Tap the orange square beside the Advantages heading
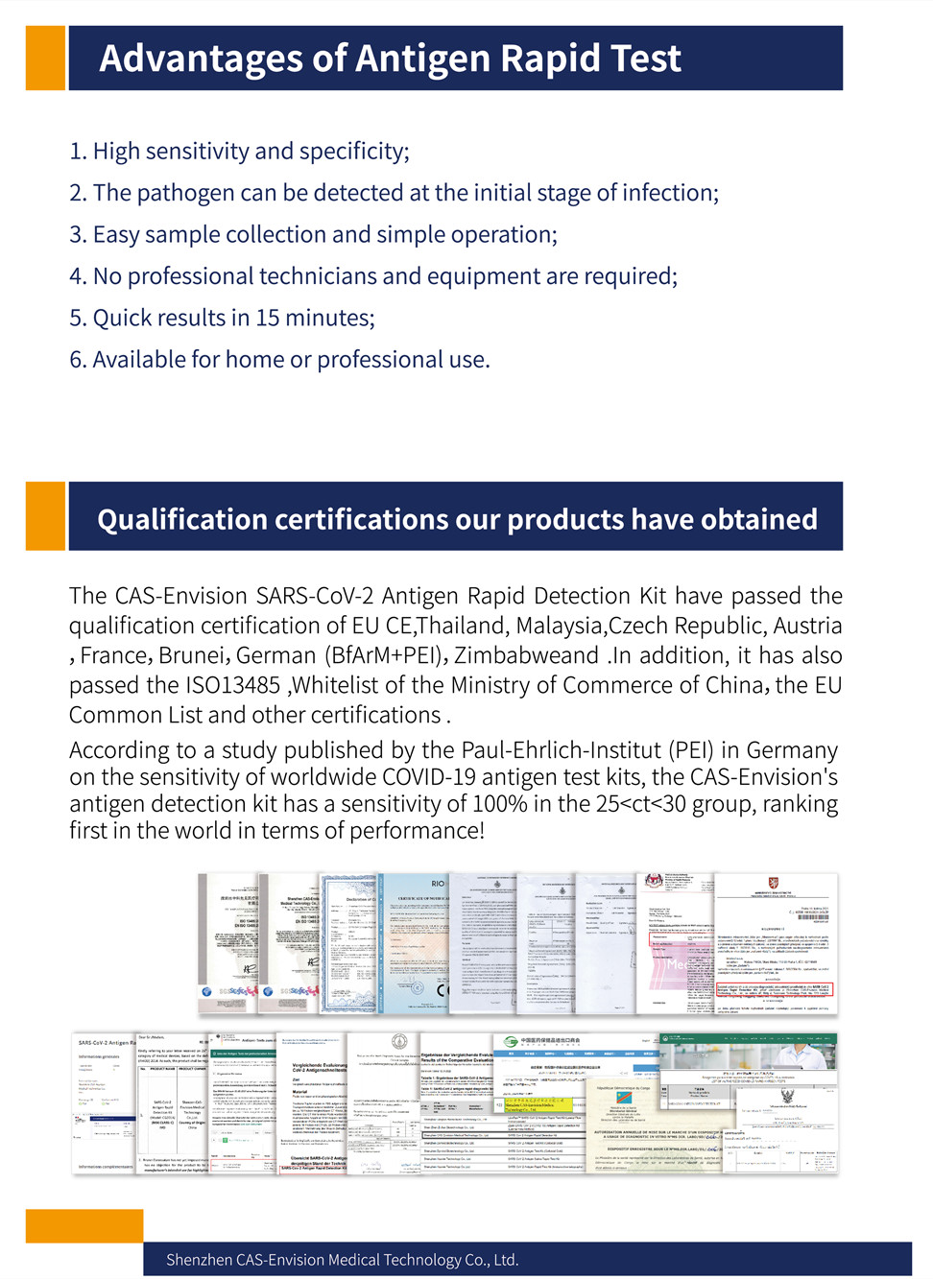(45, 59)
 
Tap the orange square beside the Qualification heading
(45, 516)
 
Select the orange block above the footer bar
(84, 1225)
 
